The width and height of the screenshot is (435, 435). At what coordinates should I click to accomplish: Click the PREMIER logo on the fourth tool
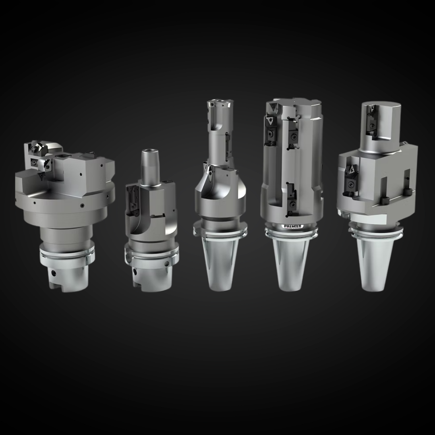(x=292, y=226)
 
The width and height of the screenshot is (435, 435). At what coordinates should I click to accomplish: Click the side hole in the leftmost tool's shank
(x=53, y=273)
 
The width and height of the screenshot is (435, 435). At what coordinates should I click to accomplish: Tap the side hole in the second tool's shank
(x=134, y=272)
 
